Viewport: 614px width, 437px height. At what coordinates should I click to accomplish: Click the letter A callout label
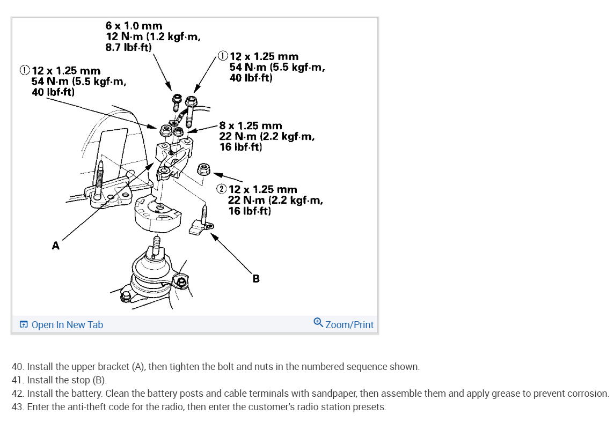click(x=55, y=246)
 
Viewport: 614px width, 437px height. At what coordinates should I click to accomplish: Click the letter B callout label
click(x=256, y=278)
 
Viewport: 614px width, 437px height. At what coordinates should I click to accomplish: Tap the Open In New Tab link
click(x=67, y=324)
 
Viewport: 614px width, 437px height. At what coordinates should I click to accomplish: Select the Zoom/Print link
click(x=349, y=324)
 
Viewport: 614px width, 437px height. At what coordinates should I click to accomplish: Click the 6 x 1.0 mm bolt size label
click(x=134, y=26)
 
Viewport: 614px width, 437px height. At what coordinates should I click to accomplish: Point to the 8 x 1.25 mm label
click(x=250, y=126)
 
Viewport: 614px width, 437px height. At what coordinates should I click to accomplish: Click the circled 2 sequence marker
click(x=222, y=189)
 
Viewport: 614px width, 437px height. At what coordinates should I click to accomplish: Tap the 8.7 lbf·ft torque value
click(x=129, y=47)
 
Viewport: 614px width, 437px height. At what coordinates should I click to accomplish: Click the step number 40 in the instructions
click(x=18, y=367)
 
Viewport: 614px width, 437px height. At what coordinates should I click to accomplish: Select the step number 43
click(x=18, y=407)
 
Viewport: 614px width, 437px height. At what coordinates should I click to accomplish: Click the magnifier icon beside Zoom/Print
click(x=318, y=323)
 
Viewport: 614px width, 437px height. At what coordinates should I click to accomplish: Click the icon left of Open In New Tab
click(x=24, y=325)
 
